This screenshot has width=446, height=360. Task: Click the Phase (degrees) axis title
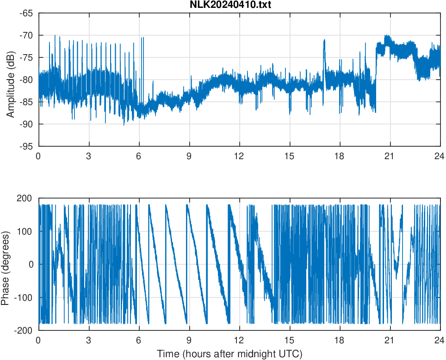coord(6,265)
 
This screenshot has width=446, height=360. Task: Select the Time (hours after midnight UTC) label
coord(229,354)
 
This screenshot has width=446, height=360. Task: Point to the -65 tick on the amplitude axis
coord(25,13)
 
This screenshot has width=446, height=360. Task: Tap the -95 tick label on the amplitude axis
coord(25,146)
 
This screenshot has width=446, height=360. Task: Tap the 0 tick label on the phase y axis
coord(30,264)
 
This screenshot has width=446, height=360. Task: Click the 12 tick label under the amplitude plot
coord(239,156)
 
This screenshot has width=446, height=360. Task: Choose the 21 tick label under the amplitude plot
coord(389,156)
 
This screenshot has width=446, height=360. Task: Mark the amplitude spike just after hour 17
coord(324,42)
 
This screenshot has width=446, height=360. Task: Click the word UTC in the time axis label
coord(291,354)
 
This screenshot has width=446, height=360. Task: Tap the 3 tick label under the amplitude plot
coord(88,156)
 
